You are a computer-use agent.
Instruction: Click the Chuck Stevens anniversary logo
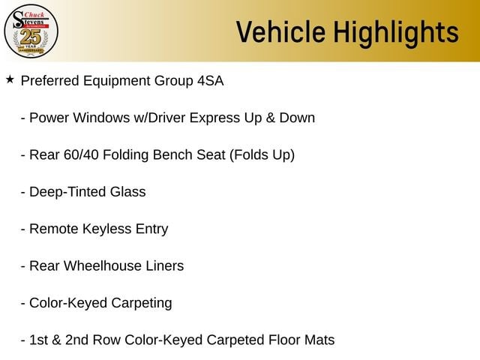(31, 31)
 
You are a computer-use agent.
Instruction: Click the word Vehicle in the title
(280, 31)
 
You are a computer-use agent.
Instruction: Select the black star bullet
(10, 79)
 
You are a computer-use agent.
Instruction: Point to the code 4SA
(211, 81)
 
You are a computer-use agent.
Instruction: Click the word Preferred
(50, 81)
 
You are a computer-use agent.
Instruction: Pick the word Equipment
(117, 82)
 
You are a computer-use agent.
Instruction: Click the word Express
(214, 118)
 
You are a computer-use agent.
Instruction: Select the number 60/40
(81, 155)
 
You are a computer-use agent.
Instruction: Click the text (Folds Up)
(262, 155)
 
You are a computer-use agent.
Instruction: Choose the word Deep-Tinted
(67, 192)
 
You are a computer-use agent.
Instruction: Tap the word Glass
(128, 192)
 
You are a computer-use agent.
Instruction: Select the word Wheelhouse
(103, 266)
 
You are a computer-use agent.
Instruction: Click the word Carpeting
(142, 303)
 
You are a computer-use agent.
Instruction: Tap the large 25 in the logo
(31, 37)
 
